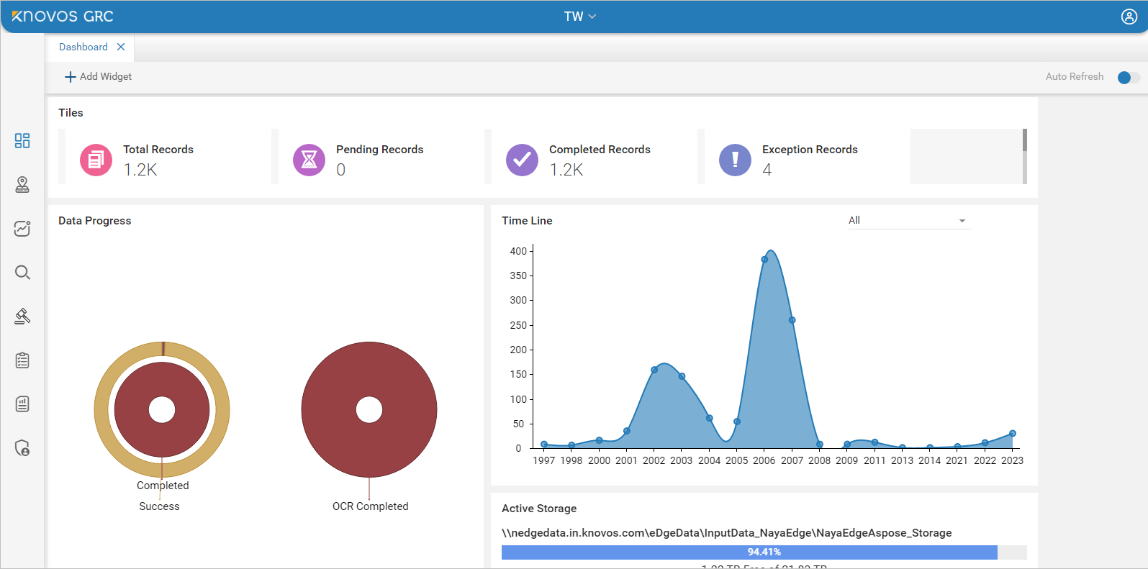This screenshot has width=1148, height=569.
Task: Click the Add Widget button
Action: pyautogui.click(x=98, y=76)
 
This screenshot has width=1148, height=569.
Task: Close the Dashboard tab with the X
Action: pyautogui.click(x=121, y=47)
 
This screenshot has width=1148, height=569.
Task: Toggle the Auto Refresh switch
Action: pyautogui.click(x=1128, y=77)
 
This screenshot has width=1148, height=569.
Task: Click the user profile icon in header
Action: pyautogui.click(x=1129, y=17)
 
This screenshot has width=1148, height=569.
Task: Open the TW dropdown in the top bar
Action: pyautogui.click(x=579, y=17)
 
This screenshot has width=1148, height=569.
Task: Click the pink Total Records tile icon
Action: pyautogui.click(x=96, y=160)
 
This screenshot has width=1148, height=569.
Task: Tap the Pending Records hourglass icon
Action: pyautogui.click(x=309, y=160)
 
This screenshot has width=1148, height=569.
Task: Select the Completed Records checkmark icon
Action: pyautogui.click(x=522, y=160)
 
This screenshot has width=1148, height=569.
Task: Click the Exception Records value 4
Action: pyautogui.click(x=767, y=170)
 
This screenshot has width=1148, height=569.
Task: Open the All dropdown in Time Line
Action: pyautogui.click(x=908, y=220)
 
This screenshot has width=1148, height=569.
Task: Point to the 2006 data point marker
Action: pyautogui.click(x=764, y=260)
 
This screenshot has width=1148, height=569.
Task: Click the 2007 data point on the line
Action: pyautogui.click(x=792, y=320)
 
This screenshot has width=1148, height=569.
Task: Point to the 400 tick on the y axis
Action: pyautogui.click(x=518, y=251)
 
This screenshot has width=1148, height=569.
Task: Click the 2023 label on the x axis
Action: pyautogui.click(x=1012, y=460)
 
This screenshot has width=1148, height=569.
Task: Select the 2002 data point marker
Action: pyautogui.click(x=654, y=370)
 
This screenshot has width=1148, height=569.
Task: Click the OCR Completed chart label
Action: pyautogui.click(x=370, y=506)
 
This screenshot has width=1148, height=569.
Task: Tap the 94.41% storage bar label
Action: pyautogui.click(x=764, y=552)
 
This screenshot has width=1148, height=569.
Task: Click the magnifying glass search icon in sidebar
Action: pyautogui.click(x=22, y=273)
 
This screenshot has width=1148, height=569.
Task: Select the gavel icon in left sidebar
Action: pyautogui.click(x=22, y=317)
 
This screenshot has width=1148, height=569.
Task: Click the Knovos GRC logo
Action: pyautogui.click(x=63, y=17)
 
